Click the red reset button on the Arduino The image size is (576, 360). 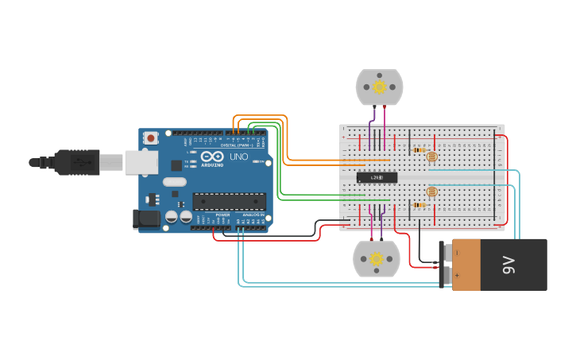pyautogui.click(x=151, y=138)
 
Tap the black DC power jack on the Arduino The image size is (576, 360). pyautogui.click(x=146, y=219)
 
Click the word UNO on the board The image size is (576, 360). pyautogui.click(x=239, y=157)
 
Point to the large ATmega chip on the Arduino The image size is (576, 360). pyautogui.click(x=229, y=201)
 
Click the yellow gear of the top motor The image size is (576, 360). pyautogui.click(x=379, y=87)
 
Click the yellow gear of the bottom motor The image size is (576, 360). pyautogui.click(x=377, y=258)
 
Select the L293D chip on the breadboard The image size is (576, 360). pyautogui.click(x=377, y=177)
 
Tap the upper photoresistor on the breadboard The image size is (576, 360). pyautogui.click(x=431, y=157)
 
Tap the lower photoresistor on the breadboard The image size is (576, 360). pyautogui.click(x=431, y=192)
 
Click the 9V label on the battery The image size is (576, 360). pyautogui.click(x=508, y=265)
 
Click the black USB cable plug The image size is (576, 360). pyautogui.click(x=76, y=162)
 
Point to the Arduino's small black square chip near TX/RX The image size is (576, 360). pyautogui.click(x=176, y=165)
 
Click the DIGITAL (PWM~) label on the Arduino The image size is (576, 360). pyautogui.click(x=236, y=145)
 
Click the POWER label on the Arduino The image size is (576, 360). pyautogui.click(x=222, y=215)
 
